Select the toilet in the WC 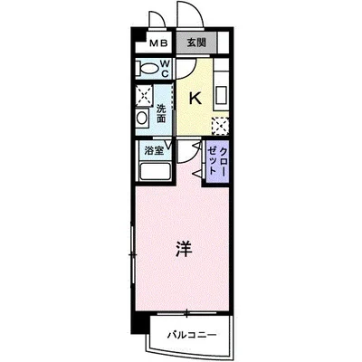point(148,67)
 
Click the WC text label point(166,67)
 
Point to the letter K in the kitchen point(194,98)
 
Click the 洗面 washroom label point(160,112)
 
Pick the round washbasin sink point(141,120)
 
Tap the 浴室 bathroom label point(153,150)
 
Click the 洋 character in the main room point(182,245)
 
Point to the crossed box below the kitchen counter point(218,125)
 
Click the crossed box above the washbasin point(142,96)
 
